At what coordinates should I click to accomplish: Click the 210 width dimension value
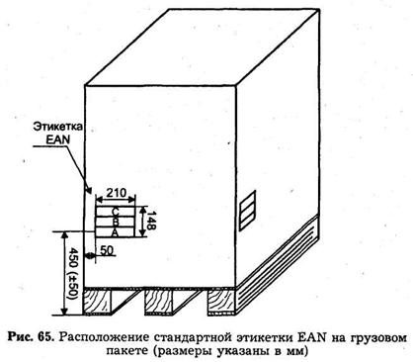[117, 193]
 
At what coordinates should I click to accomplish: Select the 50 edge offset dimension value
[107, 250]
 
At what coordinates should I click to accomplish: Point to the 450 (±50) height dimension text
[71, 273]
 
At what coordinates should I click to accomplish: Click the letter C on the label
[116, 212]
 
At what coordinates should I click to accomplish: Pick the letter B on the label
[116, 222]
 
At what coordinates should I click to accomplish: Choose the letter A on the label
[115, 232]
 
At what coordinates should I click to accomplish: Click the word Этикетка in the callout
[58, 127]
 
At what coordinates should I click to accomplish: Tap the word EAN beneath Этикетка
[58, 139]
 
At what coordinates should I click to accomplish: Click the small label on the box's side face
[247, 210]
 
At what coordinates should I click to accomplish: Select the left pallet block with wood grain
[98, 302]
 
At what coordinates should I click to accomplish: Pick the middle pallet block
[159, 302]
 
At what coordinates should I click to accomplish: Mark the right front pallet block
[221, 303]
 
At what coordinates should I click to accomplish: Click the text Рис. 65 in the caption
[31, 337]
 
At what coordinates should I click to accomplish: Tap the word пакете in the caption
[126, 350]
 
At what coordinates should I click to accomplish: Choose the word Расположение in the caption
[105, 337]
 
